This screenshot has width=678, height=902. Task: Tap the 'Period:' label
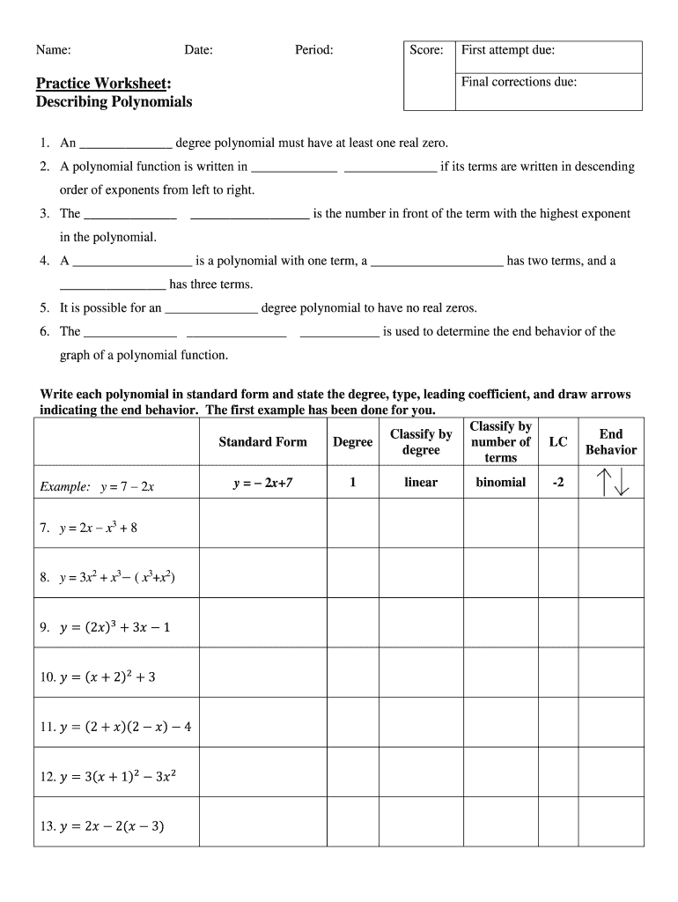pyautogui.click(x=314, y=51)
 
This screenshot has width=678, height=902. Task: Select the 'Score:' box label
pyautogui.click(x=426, y=50)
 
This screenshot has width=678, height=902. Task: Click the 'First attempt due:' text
pyautogui.click(x=508, y=50)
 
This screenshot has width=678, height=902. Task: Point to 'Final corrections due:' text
pyautogui.click(x=520, y=82)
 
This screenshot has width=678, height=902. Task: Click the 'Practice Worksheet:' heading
pyautogui.click(x=104, y=83)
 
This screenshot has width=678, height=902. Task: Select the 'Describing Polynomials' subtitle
pyautogui.click(x=114, y=102)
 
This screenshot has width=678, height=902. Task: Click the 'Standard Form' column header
pyautogui.click(x=262, y=441)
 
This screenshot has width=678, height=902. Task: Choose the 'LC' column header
pyautogui.click(x=557, y=441)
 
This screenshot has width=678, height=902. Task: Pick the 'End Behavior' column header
pyautogui.click(x=611, y=441)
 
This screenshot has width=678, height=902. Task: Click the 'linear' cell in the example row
pyautogui.click(x=421, y=483)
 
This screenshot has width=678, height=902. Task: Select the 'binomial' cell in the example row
pyautogui.click(x=500, y=483)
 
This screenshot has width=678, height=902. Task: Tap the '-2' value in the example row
pyautogui.click(x=557, y=483)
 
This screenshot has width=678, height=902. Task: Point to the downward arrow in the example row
pyautogui.click(x=621, y=483)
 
